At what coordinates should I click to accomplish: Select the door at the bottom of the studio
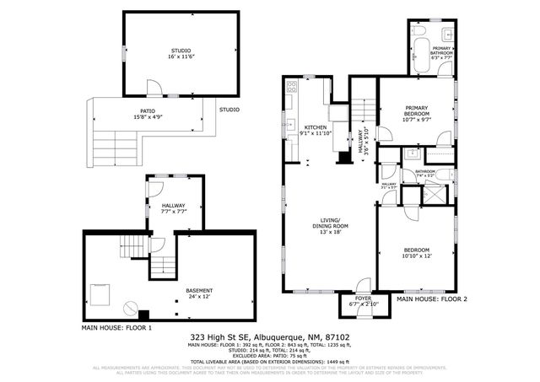click(x=152, y=89)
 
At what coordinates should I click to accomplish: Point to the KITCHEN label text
click(x=315, y=126)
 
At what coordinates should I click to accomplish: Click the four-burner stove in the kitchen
click(x=292, y=86)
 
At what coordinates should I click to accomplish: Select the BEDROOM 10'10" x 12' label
click(x=416, y=253)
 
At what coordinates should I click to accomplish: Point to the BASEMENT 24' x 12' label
click(x=199, y=293)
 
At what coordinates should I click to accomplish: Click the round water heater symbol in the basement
click(x=131, y=309)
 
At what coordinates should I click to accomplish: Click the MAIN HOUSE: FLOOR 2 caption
click(x=431, y=299)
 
